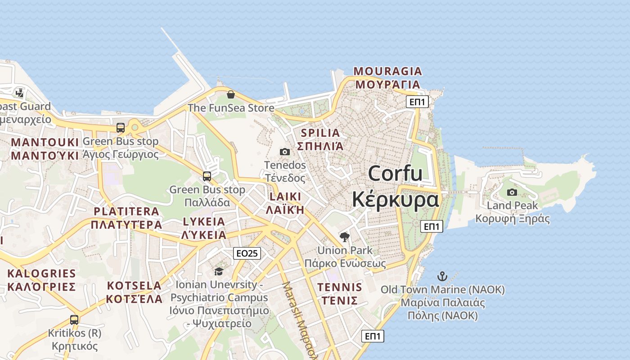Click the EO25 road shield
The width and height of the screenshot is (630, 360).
[247, 253]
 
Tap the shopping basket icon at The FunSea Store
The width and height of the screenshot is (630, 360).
[231, 94]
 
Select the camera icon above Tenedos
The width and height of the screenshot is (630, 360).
[285, 152]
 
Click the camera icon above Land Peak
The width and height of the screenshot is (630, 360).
[512, 193]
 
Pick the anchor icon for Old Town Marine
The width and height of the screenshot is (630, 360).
[443, 276]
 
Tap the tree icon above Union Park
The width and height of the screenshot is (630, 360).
[345, 237]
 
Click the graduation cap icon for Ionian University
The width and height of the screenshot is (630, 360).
[219, 271]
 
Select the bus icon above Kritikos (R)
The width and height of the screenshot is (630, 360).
[74, 320]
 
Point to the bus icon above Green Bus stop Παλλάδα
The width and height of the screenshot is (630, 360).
[207, 176]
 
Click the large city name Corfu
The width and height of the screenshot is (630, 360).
[396, 173]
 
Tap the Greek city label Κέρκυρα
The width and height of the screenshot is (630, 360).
[396, 199]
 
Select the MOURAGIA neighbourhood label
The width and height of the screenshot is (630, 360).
[388, 71]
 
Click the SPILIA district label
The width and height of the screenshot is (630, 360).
[320, 133]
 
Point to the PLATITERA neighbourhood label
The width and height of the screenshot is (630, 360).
[126, 211]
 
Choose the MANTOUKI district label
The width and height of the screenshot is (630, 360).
[45, 143]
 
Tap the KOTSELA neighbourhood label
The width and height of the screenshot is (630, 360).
[134, 286]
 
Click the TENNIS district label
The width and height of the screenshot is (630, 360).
[340, 288]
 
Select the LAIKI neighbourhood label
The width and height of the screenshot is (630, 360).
[285, 197]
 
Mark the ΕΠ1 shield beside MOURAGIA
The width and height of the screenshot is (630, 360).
[417, 102]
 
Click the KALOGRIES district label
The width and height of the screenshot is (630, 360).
[41, 274]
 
